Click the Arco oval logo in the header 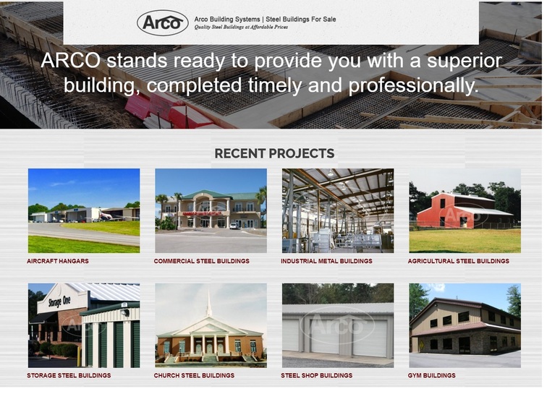(x=162, y=22)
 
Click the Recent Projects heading (x=274, y=153)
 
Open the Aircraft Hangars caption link (x=58, y=261)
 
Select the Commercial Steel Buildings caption (x=202, y=261)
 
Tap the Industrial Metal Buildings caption (x=326, y=261)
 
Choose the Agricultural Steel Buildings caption (x=459, y=261)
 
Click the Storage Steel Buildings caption (x=69, y=375)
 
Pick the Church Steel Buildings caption (x=195, y=375)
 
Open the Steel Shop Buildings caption (x=317, y=375)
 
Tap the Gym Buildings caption (x=431, y=375)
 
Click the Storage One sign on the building (x=59, y=301)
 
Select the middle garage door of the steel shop (x=324, y=336)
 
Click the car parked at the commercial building (x=234, y=226)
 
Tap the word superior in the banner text (x=465, y=61)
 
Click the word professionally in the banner (x=413, y=86)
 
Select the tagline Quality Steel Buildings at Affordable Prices (x=241, y=27)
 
